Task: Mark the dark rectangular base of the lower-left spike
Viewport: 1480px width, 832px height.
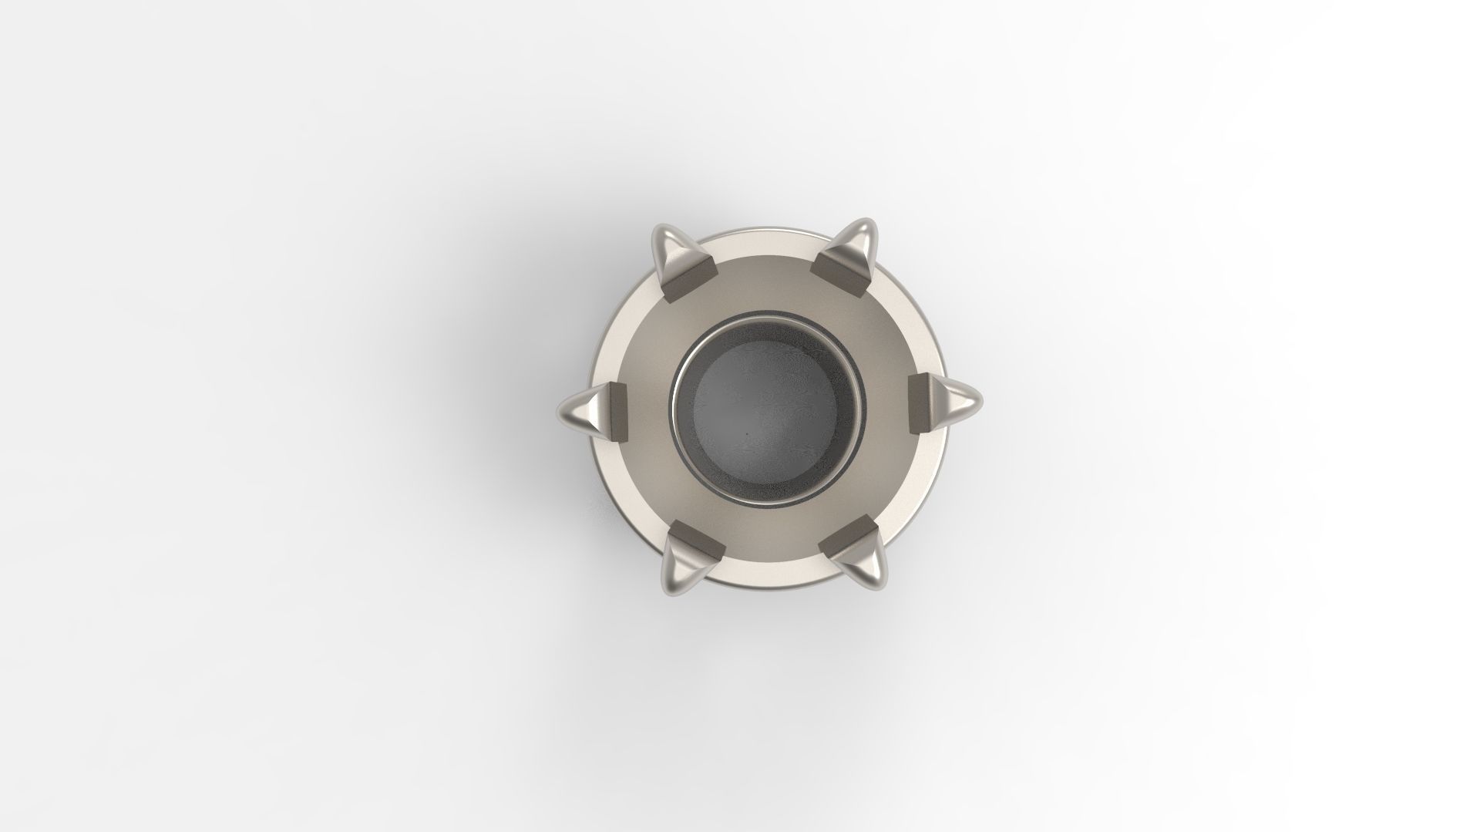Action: click(697, 541)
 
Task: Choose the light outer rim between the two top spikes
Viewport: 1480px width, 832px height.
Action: click(768, 236)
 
